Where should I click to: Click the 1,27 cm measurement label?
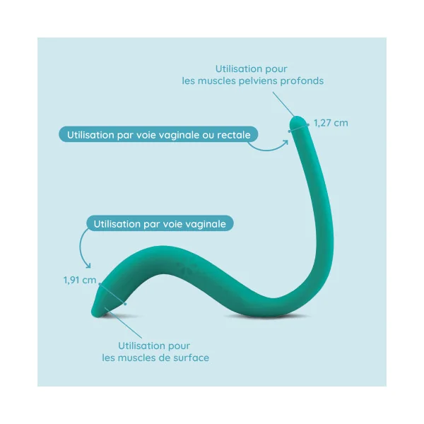tap(331, 123)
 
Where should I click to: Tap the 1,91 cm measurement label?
tap(80, 280)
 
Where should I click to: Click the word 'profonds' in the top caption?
tap(302, 81)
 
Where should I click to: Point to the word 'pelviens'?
tap(257, 81)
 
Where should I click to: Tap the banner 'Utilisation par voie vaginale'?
tap(160, 223)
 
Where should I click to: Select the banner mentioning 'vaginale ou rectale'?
tap(158, 134)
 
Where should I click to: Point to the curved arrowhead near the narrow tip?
tap(285, 143)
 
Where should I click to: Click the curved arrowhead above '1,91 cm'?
tap(88, 266)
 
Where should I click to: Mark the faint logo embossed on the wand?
tap(187, 266)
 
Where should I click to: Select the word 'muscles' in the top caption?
tap(217, 81)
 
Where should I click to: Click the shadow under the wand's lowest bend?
tap(268, 316)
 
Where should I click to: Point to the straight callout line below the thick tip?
tap(123, 323)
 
